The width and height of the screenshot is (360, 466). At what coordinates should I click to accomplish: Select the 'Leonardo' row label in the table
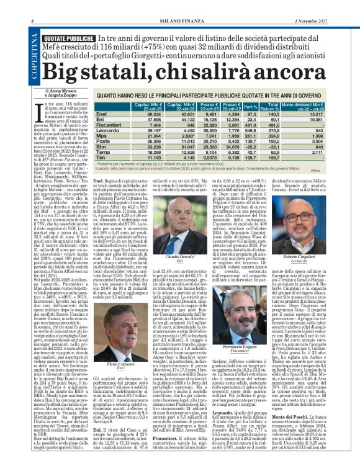tap(107, 132)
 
